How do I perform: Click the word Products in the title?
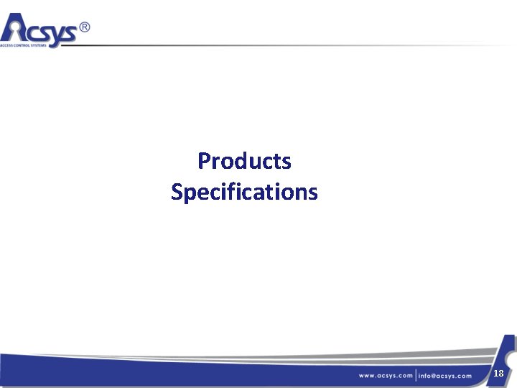point(244,161)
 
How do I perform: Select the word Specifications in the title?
point(244,193)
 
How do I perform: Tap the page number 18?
point(498,373)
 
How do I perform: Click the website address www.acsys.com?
point(386,376)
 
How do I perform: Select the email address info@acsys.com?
point(445,376)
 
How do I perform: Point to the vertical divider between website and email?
point(416,375)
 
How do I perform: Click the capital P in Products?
point(203,161)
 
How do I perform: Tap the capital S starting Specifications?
point(177,193)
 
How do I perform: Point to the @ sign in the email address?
point(437,376)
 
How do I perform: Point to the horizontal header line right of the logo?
point(287,46)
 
